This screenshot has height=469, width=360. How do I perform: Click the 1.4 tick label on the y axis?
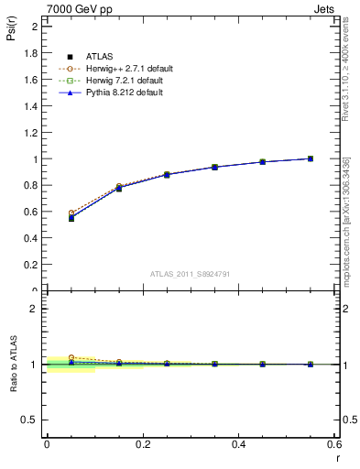click(x=31, y=106)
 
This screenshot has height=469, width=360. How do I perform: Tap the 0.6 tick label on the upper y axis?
click(x=31, y=212)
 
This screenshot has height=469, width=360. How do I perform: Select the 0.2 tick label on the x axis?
click(x=143, y=444)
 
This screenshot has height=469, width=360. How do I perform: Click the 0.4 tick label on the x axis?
click(x=239, y=444)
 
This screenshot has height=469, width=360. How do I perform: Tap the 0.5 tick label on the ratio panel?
click(x=31, y=420)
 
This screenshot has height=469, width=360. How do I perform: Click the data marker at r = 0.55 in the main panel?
click(x=311, y=158)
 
